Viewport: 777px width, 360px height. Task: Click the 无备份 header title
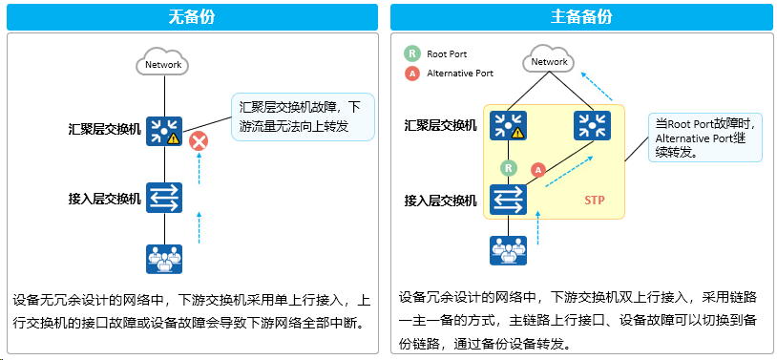pyautogui.click(x=192, y=17)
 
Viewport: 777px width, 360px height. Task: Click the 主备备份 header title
pyautogui.click(x=581, y=17)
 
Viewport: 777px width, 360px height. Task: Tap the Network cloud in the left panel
pyautogui.click(x=163, y=63)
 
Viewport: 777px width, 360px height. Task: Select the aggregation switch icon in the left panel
pyautogui.click(x=164, y=131)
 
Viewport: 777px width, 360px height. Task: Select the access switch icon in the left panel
pyautogui.click(x=164, y=198)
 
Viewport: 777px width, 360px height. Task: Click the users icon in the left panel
pyautogui.click(x=164, y=259)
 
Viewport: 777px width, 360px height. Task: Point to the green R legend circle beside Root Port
pyautogui.click(x=412, y=54)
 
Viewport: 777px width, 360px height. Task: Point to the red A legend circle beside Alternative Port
pyautogui.click(x=412, y=74)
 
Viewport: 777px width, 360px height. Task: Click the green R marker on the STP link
pyautogui.click(x=508, y=168)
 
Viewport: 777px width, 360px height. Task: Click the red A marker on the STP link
pyautogui.click(x=538, y=171)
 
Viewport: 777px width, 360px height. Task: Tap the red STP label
pyautogui.click(x=594, y=201)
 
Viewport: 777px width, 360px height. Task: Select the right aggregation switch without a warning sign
pyautogui.click(x=592, y=125)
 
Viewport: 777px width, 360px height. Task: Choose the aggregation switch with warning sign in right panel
pyautogui.click(x=508, y=125)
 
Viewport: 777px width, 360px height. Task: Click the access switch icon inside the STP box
pyautogui.click(x=508, y=200)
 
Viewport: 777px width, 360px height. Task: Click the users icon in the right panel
pyautogui.click(x=508, y=250)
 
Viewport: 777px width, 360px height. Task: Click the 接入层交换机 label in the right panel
pyautogui.click(x=441, y=201)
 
